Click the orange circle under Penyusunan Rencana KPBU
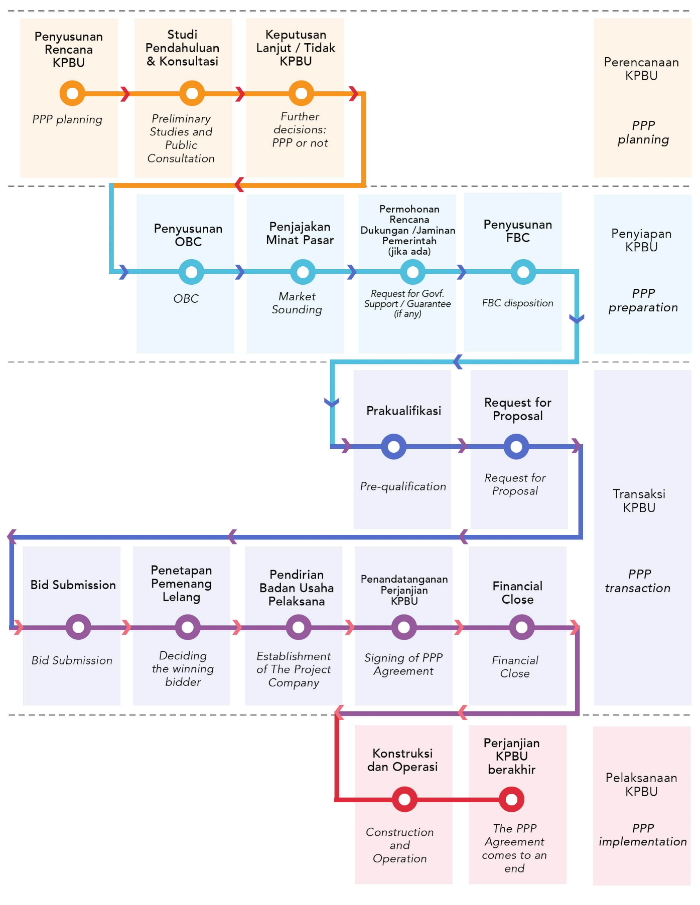pyautogui.click(x=72, y=93)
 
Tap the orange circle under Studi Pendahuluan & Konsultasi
pyautogui.click(x=192, y=93)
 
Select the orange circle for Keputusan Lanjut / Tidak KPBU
pyautogui.click(x=301, y=93)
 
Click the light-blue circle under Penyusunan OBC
pyautogui.click(x=191, y=272)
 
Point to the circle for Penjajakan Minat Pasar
pyautogui.click(x=303, y=272)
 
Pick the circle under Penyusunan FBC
pyautogui.click(x=523, y=272)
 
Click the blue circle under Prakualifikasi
pyautogui.click(x=393, y=446)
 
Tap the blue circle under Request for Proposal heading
pyautogui.click(x=516, y=446)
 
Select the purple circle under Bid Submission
pyautogui.click(x=78, y=627)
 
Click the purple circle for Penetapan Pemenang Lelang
pyautogui.click(x=188, y=627)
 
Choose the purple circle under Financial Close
pyautogui.click(x=522, y=627)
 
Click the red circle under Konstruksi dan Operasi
pyautogui.click(x=404, y=799)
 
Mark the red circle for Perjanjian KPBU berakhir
pyautogui.click(x=511, y=799)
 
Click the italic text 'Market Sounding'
pyautogui.click(x=297, y=303)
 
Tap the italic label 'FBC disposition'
pyautogui.click(x=517, y=303)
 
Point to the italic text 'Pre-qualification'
pyautogui.click(x=403, y=486)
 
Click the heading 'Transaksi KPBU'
pyautogui.click(x=639, y=500)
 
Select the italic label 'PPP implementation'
pyautogui.click(x=643, y=835)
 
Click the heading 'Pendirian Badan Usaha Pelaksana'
pyautogui.click(x=297, y=588)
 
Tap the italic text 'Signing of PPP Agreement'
pyautogui.click(x=403, y=664)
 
